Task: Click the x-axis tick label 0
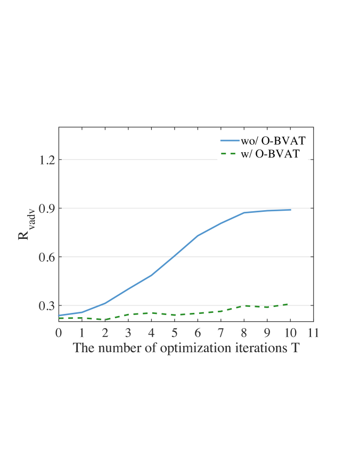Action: [59, 333]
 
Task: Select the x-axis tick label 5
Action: [175, 333]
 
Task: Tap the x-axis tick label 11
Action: [314, 333]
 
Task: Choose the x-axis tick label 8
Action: [244, 333]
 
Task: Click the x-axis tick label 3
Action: [128, 333]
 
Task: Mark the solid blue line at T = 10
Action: [290, 210]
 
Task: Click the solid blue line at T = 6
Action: [198, 235]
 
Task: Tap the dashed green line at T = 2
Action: [105, 319]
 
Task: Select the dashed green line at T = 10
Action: [290, 304]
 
